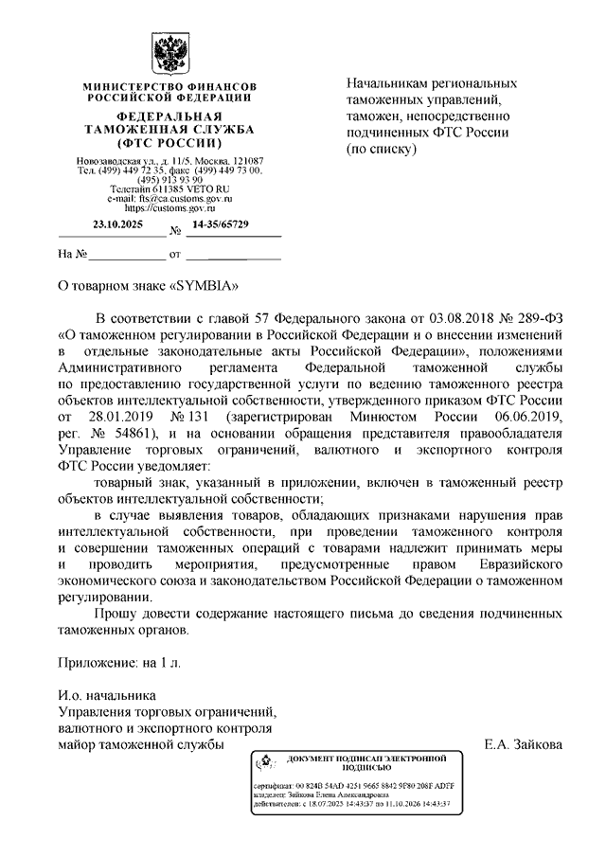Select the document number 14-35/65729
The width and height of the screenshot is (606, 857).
(221, 224)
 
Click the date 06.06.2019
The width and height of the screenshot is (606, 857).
(523, 417)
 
